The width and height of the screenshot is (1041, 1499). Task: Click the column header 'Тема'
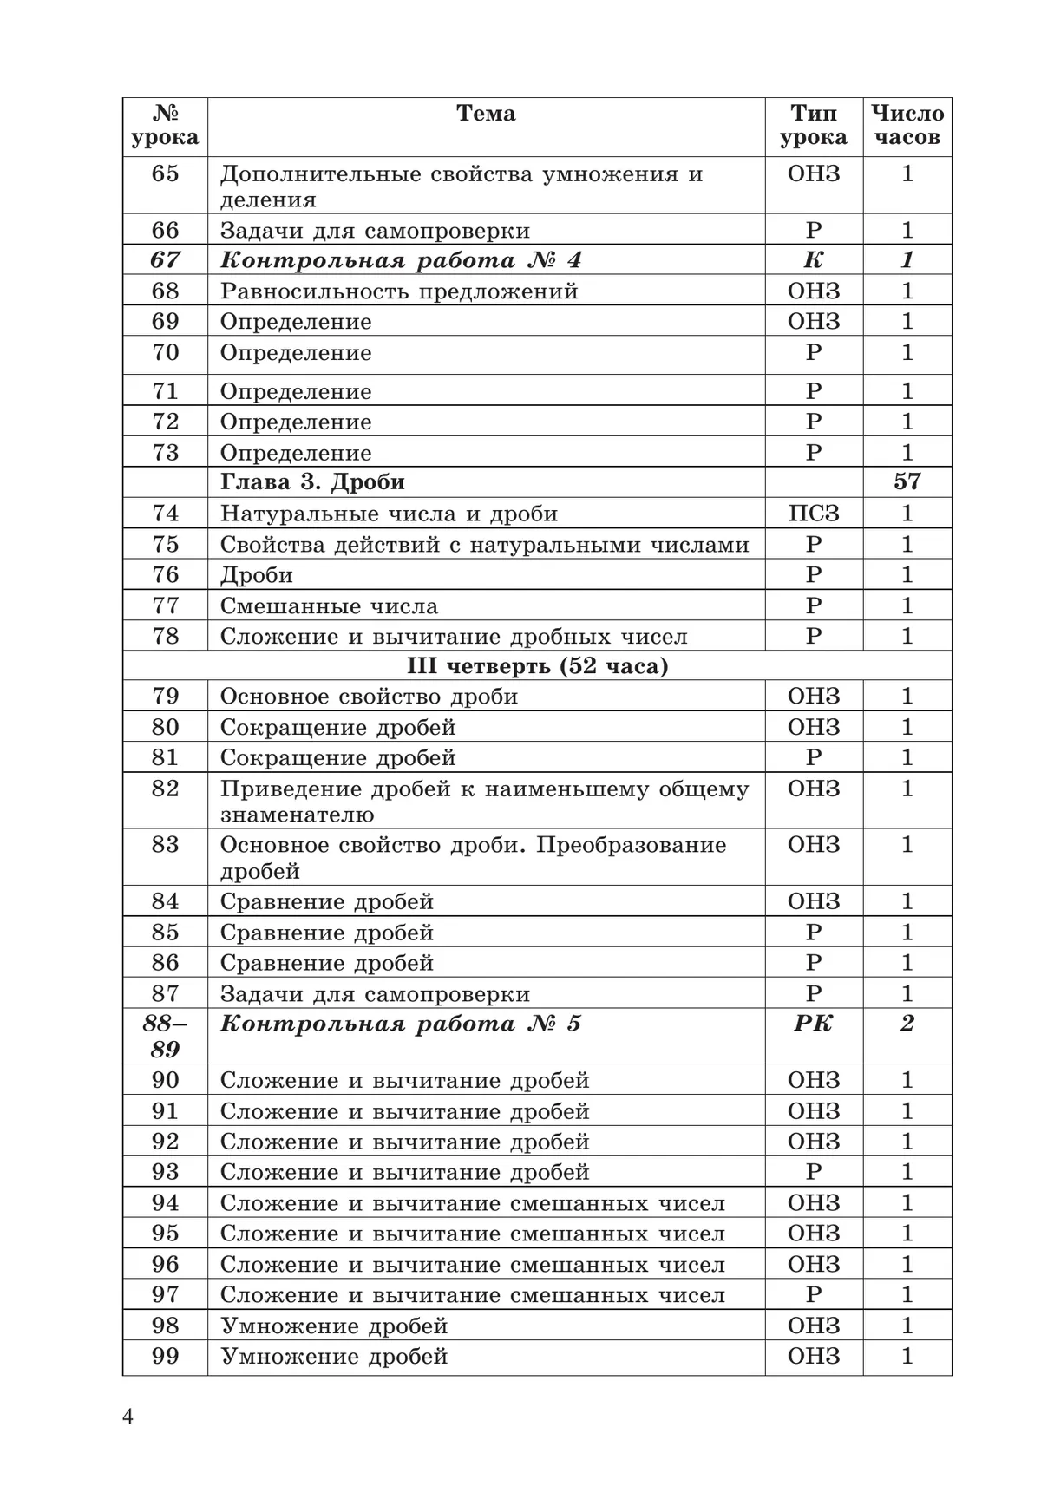(486, 114)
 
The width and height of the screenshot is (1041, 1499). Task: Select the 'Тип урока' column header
(813, 126)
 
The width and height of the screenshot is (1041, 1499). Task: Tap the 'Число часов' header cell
(907, 126)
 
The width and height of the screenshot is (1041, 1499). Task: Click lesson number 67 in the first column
(165, 260)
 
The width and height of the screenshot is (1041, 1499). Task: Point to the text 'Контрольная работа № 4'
(401, 260)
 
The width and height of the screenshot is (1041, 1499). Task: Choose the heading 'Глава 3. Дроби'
(312, 482)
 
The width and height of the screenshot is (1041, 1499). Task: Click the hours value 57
(907, 482)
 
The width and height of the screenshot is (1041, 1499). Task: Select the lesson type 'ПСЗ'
(813, 514)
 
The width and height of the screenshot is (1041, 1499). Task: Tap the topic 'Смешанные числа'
(329, 605)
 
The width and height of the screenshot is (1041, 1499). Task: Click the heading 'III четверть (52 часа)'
(537, 666)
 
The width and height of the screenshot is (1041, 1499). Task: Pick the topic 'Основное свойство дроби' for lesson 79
(369, 697)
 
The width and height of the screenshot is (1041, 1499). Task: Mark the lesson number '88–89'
(165, 1037)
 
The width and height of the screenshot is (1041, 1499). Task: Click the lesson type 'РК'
(813, 1024)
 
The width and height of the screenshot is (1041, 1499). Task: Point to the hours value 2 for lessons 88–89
(907, 1024)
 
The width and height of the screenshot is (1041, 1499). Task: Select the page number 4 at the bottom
(128, 1417)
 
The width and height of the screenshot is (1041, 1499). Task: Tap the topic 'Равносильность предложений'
(399, 291)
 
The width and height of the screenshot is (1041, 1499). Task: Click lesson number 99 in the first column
(165, 1356)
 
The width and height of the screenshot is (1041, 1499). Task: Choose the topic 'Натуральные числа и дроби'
(389, 514)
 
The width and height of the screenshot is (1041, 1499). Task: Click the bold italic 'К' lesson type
(813, 260)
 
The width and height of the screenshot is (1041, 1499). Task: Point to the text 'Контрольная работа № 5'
(401, 1024)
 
